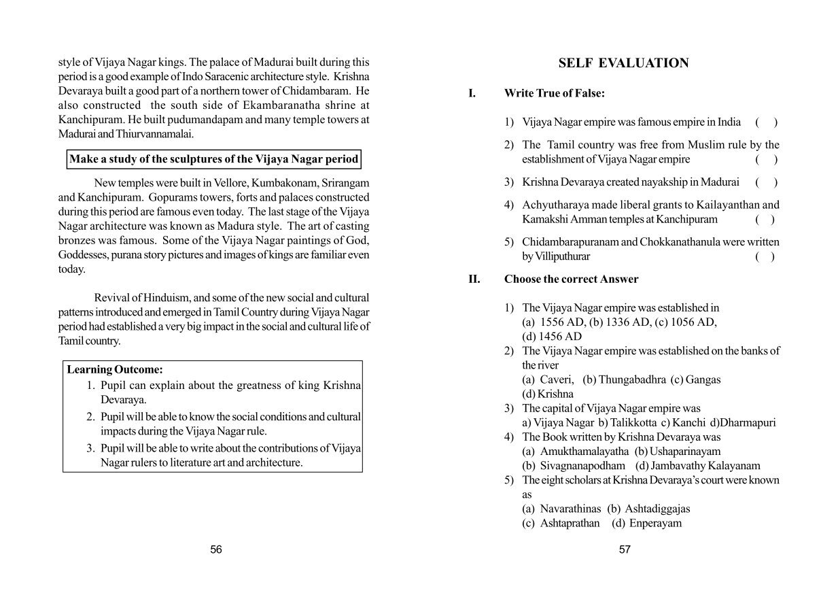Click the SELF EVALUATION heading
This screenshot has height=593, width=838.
(x=623, y=63)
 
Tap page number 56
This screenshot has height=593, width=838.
(x=216, y=549)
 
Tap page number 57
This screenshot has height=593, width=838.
(x=625, y=549)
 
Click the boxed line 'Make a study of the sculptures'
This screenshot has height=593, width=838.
(x=213, y=159)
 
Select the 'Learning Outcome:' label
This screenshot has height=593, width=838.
(x=115, y=370)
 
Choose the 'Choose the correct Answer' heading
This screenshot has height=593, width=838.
(x=571, y=279)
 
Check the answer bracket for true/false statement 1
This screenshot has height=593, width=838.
(x=766, y=122)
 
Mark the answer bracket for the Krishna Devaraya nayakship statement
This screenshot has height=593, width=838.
(x=766, y=182)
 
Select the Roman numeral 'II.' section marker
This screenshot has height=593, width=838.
(x=474, y=279)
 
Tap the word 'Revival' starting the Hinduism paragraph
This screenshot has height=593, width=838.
(x=113, y=298)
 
